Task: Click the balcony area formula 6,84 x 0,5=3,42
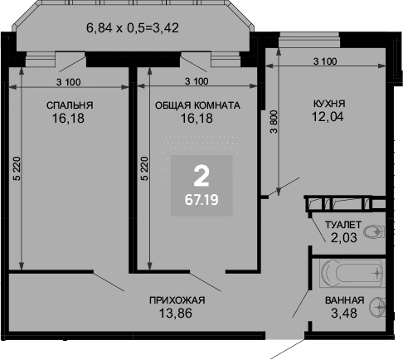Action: (x=133, y=28)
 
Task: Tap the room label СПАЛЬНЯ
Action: (x=70, y=105)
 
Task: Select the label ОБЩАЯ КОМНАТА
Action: (x=197, y=105)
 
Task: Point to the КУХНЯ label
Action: (x=329, y=104)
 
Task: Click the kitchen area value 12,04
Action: (x=328, y=116)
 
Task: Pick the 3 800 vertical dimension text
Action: (x=274, y=122)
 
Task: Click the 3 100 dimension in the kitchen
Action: (x=325, y=61)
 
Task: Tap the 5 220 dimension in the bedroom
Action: (x=17, y=168)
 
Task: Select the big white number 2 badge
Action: (x=201, y=175)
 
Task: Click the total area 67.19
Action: (x=201, y=200)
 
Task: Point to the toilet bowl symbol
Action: (x=373, y=231)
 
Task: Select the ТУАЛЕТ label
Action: (x=342, y=225)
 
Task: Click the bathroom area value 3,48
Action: (x=344, y=314)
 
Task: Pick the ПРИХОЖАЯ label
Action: (x=177, y=300)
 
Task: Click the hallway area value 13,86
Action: (x=176, y=314)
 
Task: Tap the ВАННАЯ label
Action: (x=344, y=300)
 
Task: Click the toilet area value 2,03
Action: (x=344, y=237)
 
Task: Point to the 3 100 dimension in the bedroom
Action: (x=69, y=82)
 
